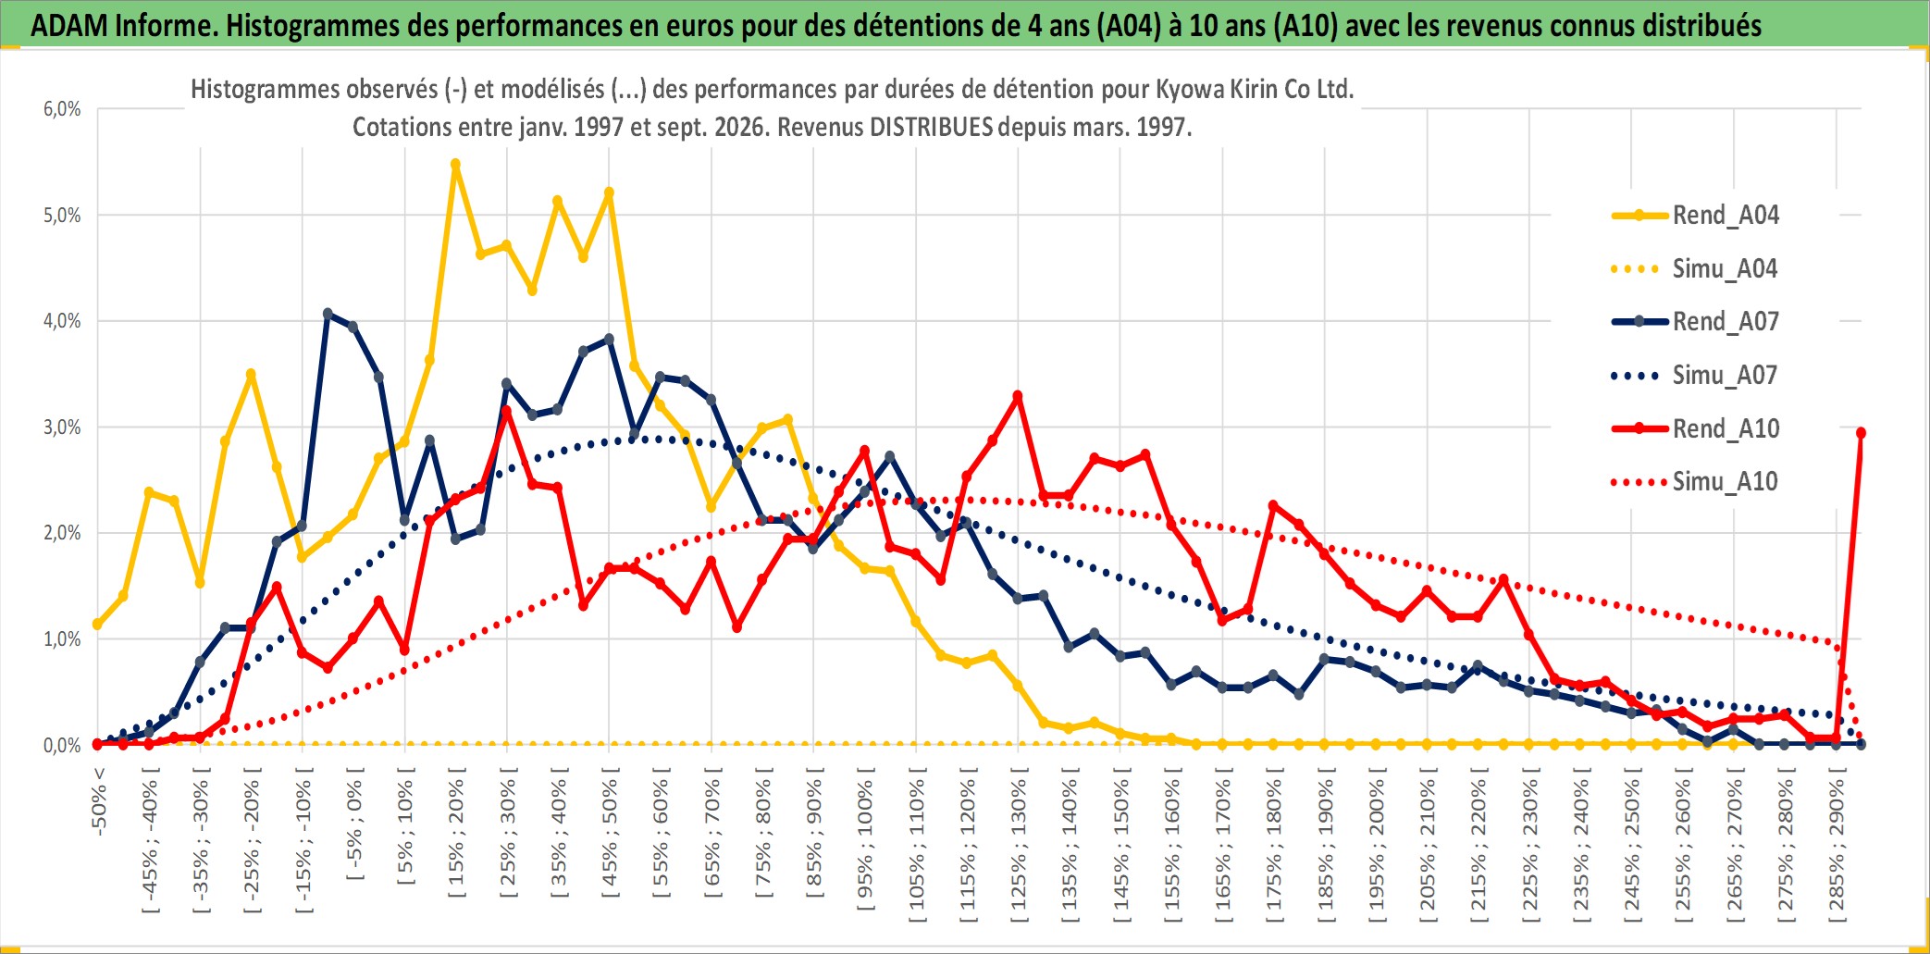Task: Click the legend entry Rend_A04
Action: point(1695,216)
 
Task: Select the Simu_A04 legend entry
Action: point(1695,269)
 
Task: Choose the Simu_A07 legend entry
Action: point(1695,376)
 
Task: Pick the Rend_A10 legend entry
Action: point(1695,428)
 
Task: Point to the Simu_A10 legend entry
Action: point(1695,482)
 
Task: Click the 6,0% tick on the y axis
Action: point(62,109)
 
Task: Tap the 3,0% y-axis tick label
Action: point(62,427)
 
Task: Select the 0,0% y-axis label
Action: point(62,745)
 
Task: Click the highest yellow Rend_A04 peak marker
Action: point(455,164)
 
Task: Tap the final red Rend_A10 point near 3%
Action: point(1861,433)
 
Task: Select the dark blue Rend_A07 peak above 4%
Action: point(328,314)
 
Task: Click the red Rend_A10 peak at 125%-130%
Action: point(1018,396)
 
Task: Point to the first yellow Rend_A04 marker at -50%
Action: point(97,625)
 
